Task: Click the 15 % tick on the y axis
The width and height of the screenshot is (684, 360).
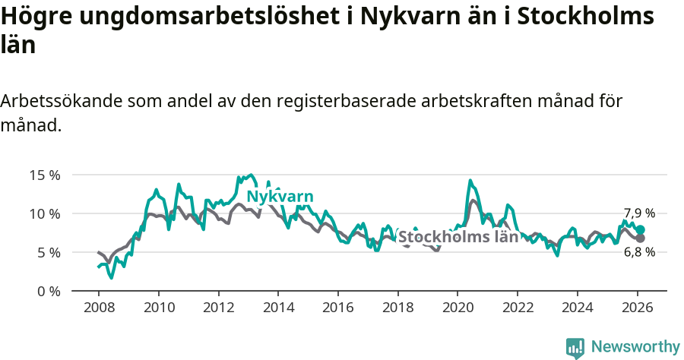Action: coord(45,175)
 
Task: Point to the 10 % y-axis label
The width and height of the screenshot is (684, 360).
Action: coord(45,213)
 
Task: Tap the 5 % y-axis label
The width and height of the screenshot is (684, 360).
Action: coord(48,252)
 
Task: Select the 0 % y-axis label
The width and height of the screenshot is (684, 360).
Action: coord(48,291)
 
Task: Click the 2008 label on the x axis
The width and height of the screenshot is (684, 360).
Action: coord(99,308)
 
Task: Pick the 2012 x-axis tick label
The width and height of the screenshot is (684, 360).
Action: coord(218,308)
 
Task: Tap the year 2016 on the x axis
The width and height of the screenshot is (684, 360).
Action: coord(337,308)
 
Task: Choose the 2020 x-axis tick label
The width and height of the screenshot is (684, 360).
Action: coord(457,308)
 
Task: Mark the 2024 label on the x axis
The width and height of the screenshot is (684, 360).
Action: coord(577,308)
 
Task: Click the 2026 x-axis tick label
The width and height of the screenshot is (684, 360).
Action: coord(636,308)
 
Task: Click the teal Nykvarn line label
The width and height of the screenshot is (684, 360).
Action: coord(280,197)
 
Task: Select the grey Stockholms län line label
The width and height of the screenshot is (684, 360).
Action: coord(458,236)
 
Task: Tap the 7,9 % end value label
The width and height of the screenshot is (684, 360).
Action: coord(639,213)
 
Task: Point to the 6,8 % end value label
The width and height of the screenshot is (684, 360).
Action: coord(639,252)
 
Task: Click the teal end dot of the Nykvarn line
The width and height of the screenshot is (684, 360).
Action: coord(641,229)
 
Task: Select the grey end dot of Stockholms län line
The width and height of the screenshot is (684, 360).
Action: coord(641,238)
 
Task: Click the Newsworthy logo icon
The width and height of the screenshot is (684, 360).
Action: coord(575,347)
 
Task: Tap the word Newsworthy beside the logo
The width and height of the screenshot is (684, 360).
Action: coord(635,347)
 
